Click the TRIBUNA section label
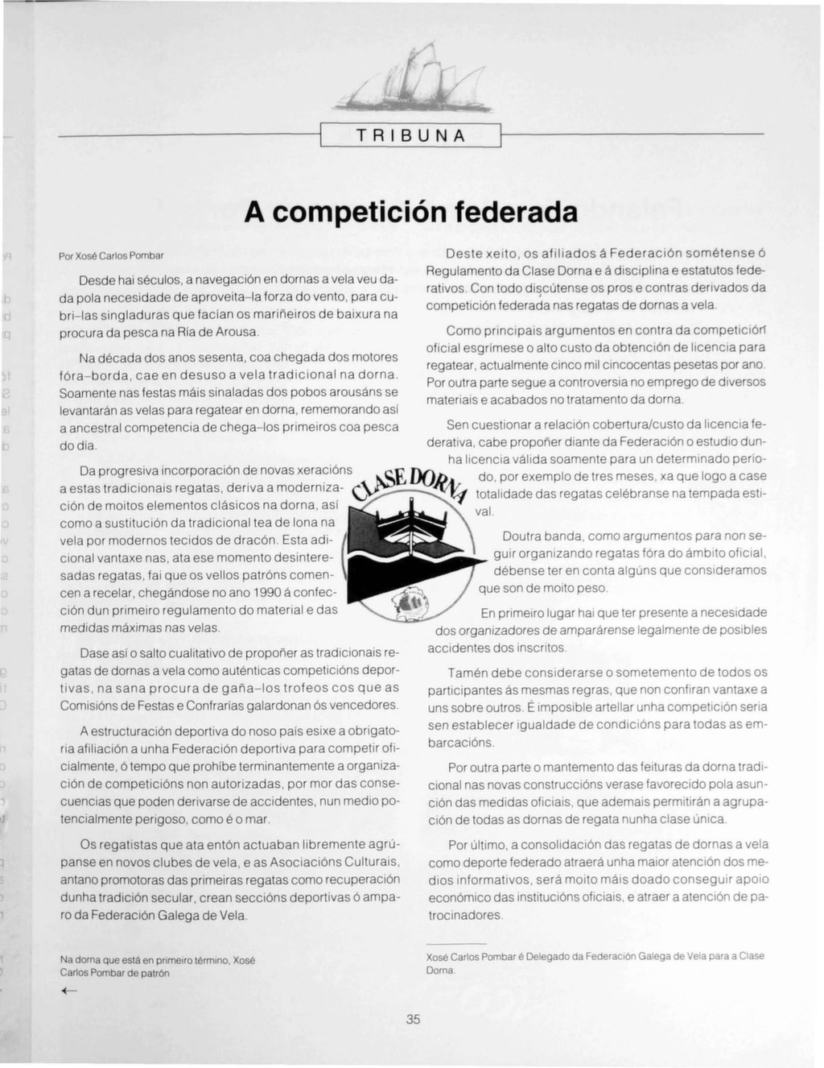(x=410, y=136)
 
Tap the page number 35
(x=413, y=1019)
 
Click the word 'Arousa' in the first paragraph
(x=237, y=332)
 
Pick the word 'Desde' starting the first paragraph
(x=97, y=280)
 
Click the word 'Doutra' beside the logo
(x=521, y=536)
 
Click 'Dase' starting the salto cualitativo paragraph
(x=96, y=652)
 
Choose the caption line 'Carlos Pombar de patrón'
(x=115, y=973)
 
